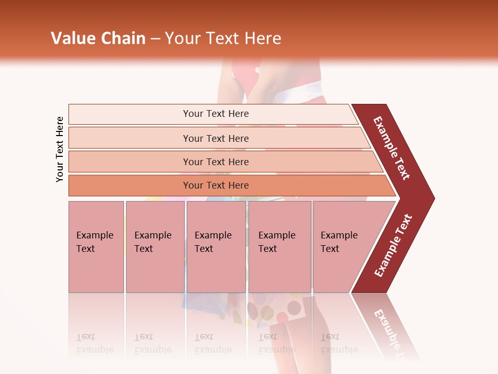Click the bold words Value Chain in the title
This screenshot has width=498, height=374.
click(98, 38)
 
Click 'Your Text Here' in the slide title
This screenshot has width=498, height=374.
click(223, 38)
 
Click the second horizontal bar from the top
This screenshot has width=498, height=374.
click(216, 138)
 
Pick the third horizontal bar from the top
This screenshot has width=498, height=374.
click(216, 162)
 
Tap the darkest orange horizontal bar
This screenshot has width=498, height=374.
click(216, 185)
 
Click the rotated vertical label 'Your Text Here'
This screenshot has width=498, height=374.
click(60, 149)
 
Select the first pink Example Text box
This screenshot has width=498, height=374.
click(96, 247)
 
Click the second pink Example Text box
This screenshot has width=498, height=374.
click(155, 247)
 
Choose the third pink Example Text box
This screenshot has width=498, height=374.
click(216, 247)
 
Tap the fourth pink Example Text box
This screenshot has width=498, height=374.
click(279, 247)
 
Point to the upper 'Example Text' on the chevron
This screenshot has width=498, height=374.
click(392, 148)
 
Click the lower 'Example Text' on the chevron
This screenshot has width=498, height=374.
click(393, 245)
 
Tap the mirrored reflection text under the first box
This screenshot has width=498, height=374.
click(95, 344)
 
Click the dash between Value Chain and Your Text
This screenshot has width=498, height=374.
click(155, 39)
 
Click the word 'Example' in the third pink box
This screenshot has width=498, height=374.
click(213, 235)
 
